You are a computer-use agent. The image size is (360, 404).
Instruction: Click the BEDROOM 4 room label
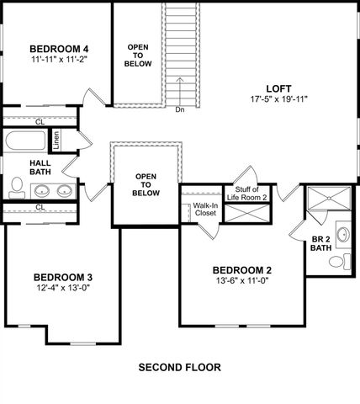[x=60, y=48]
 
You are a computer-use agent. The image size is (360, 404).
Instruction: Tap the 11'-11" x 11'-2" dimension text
[x=60, y=60]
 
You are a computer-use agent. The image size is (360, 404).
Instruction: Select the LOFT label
[x=279, y=87]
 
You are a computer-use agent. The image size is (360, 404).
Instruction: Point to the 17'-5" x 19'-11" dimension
[x=279, y=98]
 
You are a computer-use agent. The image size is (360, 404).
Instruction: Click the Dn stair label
[x=180, y=109]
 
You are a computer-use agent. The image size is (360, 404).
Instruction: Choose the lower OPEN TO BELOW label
[x=146, y=184]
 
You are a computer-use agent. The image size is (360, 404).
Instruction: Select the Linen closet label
[x=56, y=141]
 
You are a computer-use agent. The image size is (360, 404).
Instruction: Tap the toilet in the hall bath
[x=17, y=186]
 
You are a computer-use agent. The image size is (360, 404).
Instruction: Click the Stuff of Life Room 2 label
[x=246, y=193]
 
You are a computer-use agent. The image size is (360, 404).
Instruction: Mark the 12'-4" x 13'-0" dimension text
[x=62, y=289]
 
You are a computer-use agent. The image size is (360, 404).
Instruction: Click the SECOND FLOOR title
[x=179, y=368]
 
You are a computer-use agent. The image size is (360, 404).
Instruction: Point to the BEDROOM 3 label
[x=62, y=277]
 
